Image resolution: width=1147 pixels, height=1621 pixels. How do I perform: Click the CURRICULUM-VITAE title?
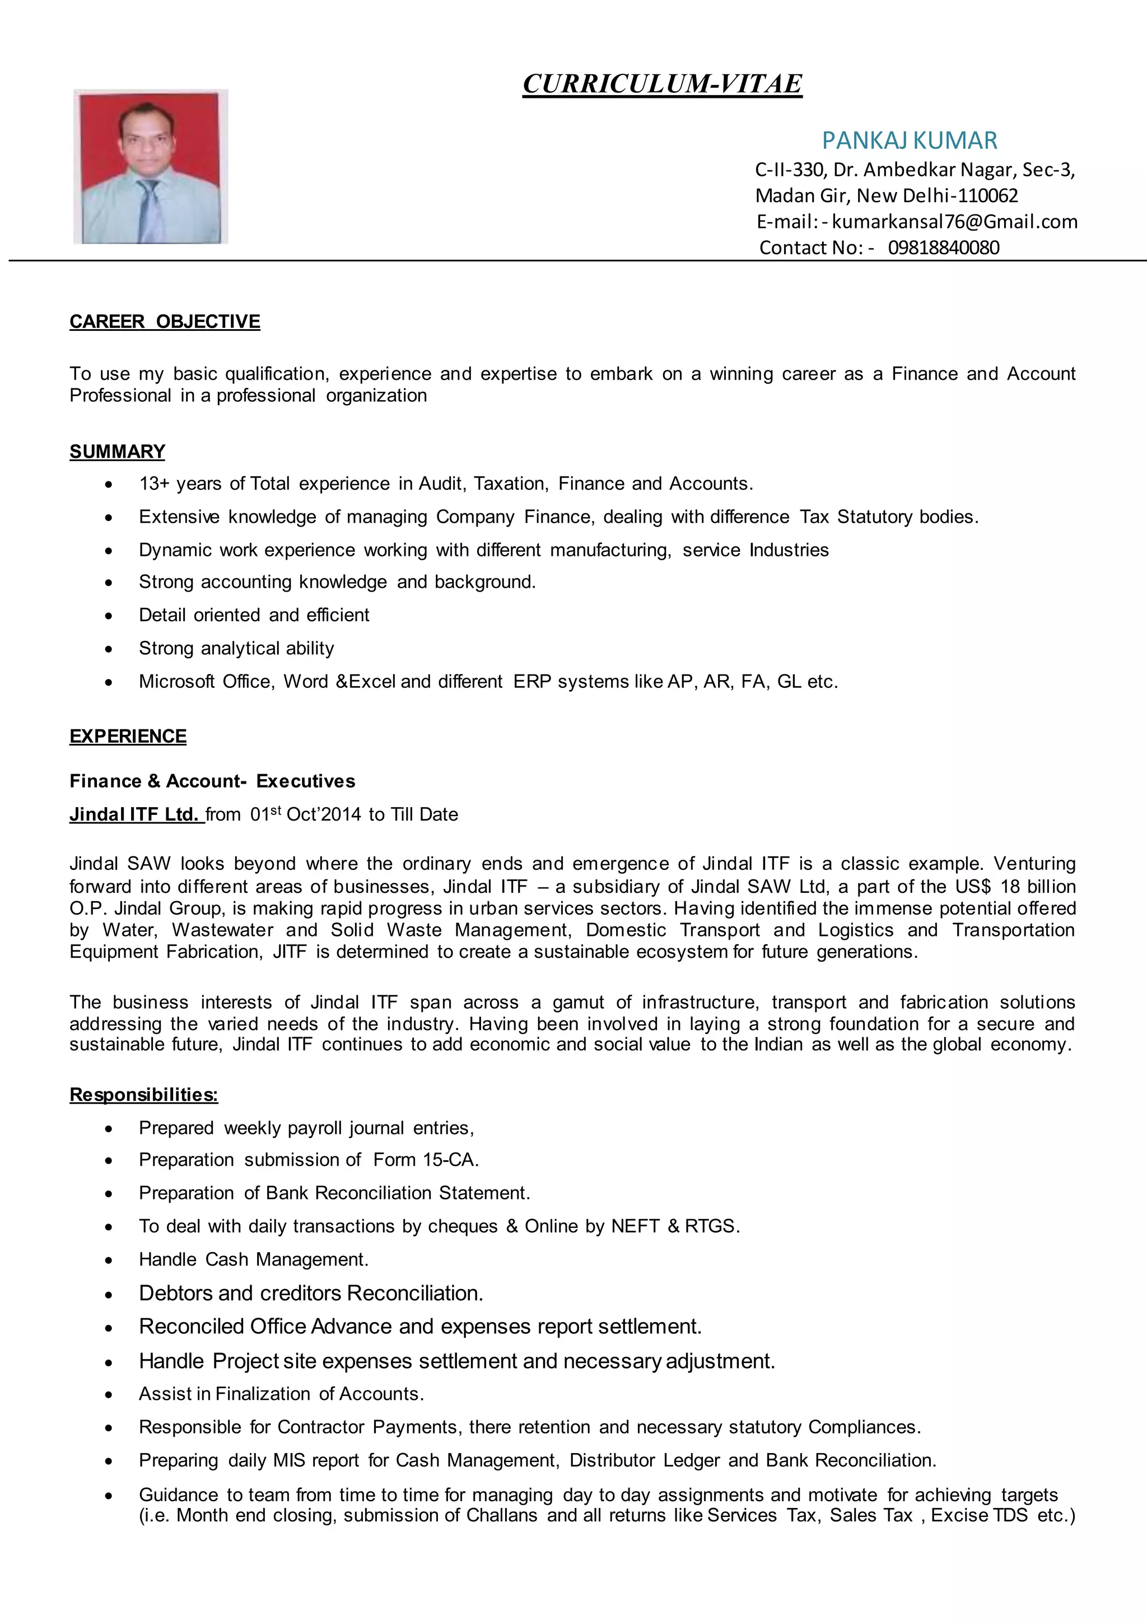(662, 84)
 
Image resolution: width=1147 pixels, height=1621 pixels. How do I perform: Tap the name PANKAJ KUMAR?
(909, 140)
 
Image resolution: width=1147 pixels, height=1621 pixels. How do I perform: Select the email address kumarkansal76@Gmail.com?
(954, 222)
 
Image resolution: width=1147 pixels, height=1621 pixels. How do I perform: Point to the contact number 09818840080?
(943, 248)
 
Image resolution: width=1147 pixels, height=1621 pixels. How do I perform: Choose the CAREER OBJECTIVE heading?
(165, 322)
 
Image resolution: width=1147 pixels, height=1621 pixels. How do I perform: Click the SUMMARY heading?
(117, 452)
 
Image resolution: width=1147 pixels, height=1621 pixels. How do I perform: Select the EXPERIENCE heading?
(128, 737)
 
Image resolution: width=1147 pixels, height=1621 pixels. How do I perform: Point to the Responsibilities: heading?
(143, 1095)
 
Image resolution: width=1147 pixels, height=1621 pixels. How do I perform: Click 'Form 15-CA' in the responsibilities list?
(425, 1160)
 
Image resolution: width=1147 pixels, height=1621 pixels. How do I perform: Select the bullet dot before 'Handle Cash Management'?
(108, 1260)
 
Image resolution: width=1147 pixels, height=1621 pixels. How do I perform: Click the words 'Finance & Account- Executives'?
(212, 781)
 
